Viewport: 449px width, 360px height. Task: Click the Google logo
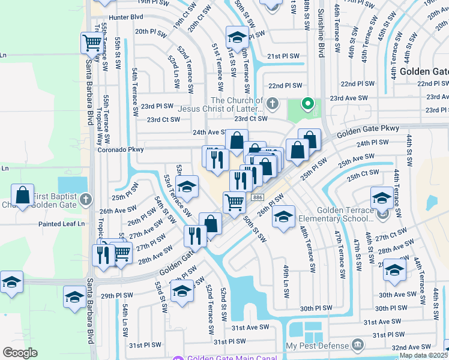point(20,353)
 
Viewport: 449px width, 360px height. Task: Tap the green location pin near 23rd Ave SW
point(308,104)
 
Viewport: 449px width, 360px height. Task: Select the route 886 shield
point(258,197)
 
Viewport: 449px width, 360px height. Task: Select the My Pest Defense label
point(317,346)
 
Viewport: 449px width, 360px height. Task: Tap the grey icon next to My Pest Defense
point(358,345)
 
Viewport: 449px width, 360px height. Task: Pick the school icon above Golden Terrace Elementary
point(382,197)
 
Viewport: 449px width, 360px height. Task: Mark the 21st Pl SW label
point(283,56)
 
